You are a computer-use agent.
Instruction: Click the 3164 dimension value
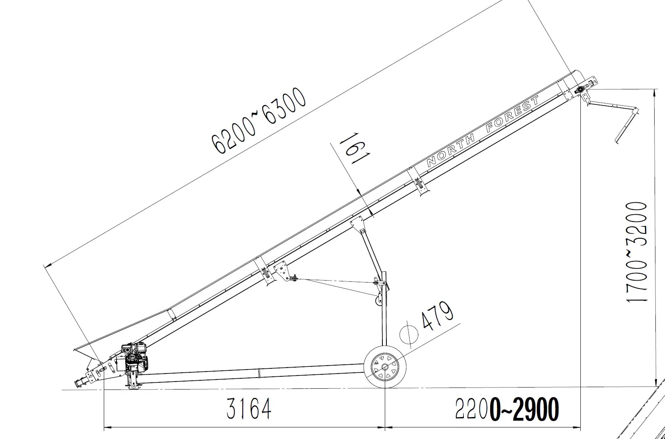[249, 409]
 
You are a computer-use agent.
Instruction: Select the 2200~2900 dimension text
[507, 409]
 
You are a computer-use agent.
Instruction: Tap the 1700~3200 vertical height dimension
[636, 252]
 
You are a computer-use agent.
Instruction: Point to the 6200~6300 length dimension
[258, 120]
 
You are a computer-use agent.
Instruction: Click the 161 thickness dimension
[354, 148]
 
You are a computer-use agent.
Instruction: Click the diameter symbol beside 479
[409, 334]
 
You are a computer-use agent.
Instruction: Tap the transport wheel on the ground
[385, 367]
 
